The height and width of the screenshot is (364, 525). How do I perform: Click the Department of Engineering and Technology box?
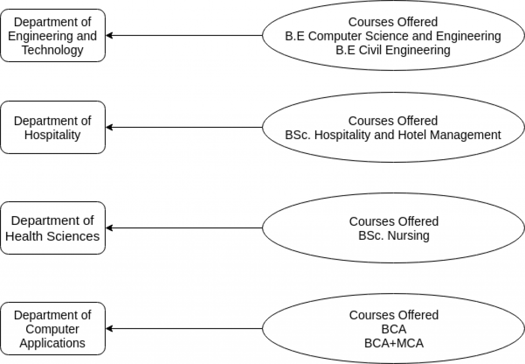[x=53, y=35]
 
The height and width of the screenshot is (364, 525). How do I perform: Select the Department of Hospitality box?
[x=53, y=127]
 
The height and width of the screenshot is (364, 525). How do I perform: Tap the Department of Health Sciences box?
[x=53, y=228]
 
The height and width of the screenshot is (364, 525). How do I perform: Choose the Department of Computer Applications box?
[x=53, y=329]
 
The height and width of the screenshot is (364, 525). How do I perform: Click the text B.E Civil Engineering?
[x=393, y=50]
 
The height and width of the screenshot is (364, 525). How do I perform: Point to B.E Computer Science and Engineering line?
[x=393, y=36]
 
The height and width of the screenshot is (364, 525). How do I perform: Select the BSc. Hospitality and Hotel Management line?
[x=393, y=135]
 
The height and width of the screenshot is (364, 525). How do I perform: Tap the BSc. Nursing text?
[x=394, y=236]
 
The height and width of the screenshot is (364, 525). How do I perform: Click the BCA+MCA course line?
[x=394, y=343]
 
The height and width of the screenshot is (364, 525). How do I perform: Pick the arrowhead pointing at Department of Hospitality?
[x=109, y=127]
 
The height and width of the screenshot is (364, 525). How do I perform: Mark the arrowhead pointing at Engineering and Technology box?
[x=109, y=35]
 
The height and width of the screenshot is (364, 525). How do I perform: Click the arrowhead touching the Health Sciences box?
[x=109, y=228]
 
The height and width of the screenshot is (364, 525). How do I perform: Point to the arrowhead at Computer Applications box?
[x=109, y=329]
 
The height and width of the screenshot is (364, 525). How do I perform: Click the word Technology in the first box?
[x=52, y=50]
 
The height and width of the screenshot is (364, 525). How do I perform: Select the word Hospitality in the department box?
[x=52, y=135]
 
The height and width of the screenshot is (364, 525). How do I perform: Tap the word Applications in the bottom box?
[x=52, y=343]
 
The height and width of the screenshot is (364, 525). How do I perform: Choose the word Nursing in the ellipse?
[x=408, y=236]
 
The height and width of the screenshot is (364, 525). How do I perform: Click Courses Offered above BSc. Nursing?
[x=394, y=221]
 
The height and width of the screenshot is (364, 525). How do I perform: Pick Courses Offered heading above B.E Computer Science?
[x=393, y=22]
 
